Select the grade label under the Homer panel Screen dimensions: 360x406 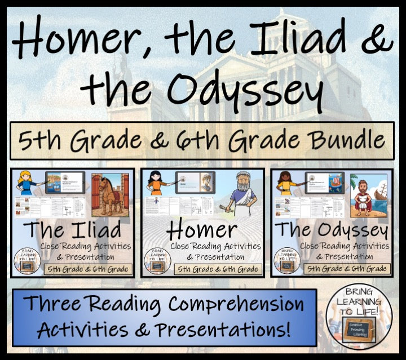[x=218, y=269]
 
